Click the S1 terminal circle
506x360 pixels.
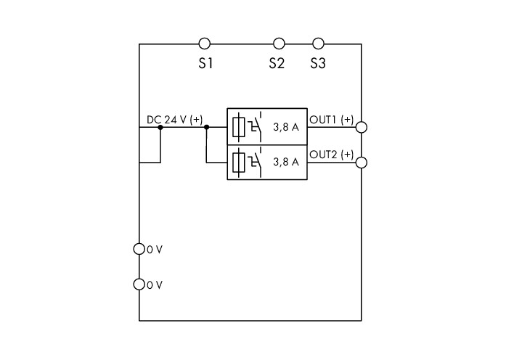pyautogui.click(x=205, y=44)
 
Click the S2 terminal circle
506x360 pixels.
pyautogui.click(x=279, y=44)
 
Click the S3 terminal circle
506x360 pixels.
pyautogui.click(x=317, y=44)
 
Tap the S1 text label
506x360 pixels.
pyautogui.click(x=205, y=64)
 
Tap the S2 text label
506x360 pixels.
pyautogui.click(x=276, y=64)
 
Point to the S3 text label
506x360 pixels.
pyautogui.click(x=317, y=64)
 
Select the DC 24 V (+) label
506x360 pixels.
pyautogui.click(x=174, y=120)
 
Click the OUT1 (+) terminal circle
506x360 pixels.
pyautogui.click(x=362, y=127)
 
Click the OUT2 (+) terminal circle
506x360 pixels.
pyautogui.click(x=362, y=162)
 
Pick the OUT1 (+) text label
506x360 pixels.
pyautogui.click(x=332, y=120)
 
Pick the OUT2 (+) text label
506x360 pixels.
pyautogui.click(x=332, y=155)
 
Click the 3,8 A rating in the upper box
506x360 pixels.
pyautogui.click(x=285, y=127)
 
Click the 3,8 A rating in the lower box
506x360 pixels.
pyautogui.click(x=285, y=162)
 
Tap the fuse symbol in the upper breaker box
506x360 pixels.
pyautogui.click(x=240, y=127)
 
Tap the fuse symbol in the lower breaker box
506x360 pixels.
pyautogui.click(x=240, y=162)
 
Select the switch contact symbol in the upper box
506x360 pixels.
pyautogui.click(x=255, y=126)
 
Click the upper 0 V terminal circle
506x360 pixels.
pyautogui.click(x=139, y=249)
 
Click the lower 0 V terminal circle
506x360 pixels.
pyautogui.click(x=139, y=285)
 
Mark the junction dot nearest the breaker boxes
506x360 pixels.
pyautogui.click(x=206, y=127)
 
